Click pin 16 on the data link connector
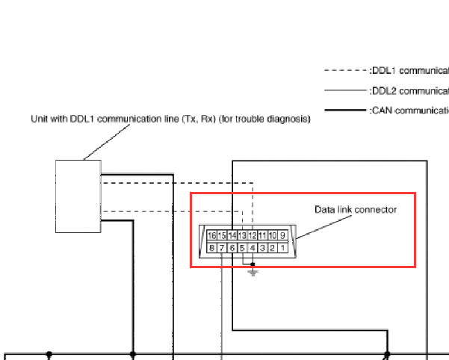(x=212, y=235)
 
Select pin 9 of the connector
(x=283, y=235)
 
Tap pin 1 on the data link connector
(x=283, y=247)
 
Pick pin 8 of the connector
(x=212, y=247)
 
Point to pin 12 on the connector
(x=253, y=235)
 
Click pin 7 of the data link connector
(x=223, y=247)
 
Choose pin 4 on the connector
(x=253, y=247)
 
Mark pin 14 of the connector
(x=232, y=235)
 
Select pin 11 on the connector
(x=263, y=235)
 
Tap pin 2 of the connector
(x=273, y=247)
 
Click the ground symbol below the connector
(x=253, y=273)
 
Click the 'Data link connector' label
(x=355, y=209)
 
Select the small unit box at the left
(x=78, y=196)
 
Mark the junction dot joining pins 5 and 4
(x=253, y=264)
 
